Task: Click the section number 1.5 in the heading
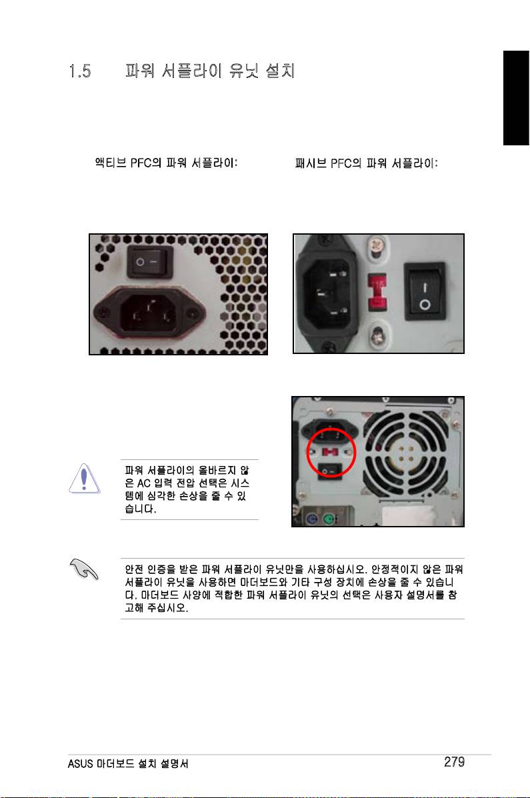click(80, 71)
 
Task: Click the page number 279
click(454, 761)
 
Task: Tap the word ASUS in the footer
click(81, 763)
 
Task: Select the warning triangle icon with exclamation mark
click(84, 479)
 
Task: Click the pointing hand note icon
click(84, 569)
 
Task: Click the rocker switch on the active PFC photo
click(150, 261)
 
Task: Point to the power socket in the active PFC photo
click(150, 315)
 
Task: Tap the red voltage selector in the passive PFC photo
click(377, 292)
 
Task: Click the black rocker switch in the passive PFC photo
click(425, 291)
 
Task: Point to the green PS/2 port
click(329, 519)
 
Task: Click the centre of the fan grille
click(406, 455)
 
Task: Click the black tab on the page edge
click(516, 98)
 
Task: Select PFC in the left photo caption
click(141, 163)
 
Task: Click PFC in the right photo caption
click(341, 163)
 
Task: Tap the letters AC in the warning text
click(144, 483)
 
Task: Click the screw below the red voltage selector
click(378, 336)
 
